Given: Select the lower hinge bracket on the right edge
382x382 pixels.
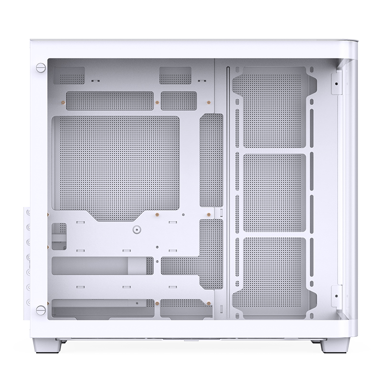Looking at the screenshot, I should click(x=337, y=296).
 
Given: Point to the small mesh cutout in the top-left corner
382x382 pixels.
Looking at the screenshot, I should click(x=69, y=75).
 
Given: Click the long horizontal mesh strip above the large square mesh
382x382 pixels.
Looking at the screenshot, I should click(x=110, y=101).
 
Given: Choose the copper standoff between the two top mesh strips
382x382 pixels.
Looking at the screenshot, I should click(x=157, y=101).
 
